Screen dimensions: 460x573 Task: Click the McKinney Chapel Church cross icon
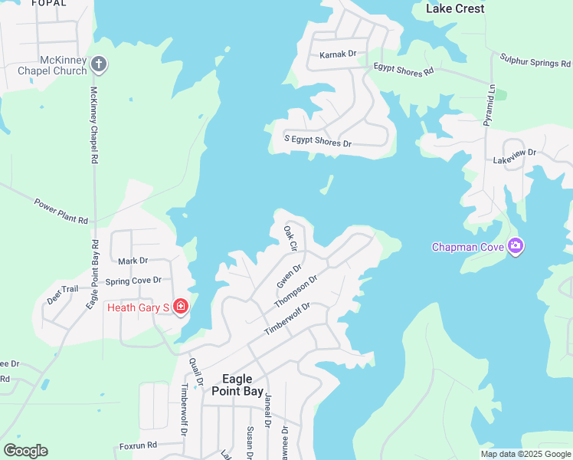(x=98, y=64)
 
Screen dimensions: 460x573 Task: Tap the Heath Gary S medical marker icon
(x=181, y=307)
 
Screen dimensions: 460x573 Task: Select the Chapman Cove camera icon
(x=516, y=247)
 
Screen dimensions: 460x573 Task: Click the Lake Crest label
(x=455, y=8)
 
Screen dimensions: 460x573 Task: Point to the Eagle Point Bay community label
(x=242, y=384)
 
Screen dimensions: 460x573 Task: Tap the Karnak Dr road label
(x=338, y=54)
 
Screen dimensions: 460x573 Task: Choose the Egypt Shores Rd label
(x=404, y=69)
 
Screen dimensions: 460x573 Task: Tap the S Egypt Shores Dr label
(x=318, y=143)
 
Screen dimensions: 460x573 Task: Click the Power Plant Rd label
(x=61, y=211)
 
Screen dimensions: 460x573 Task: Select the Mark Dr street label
(x=133, y=261)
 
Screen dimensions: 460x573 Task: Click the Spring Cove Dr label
(x=133, y=281)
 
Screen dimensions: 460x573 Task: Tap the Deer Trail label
(x=63, y=294)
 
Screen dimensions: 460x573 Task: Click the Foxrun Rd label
(x=138, y=445)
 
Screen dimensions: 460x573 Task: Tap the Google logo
(x=25, y=450)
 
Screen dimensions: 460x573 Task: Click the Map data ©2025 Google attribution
(x=526, y=454)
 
